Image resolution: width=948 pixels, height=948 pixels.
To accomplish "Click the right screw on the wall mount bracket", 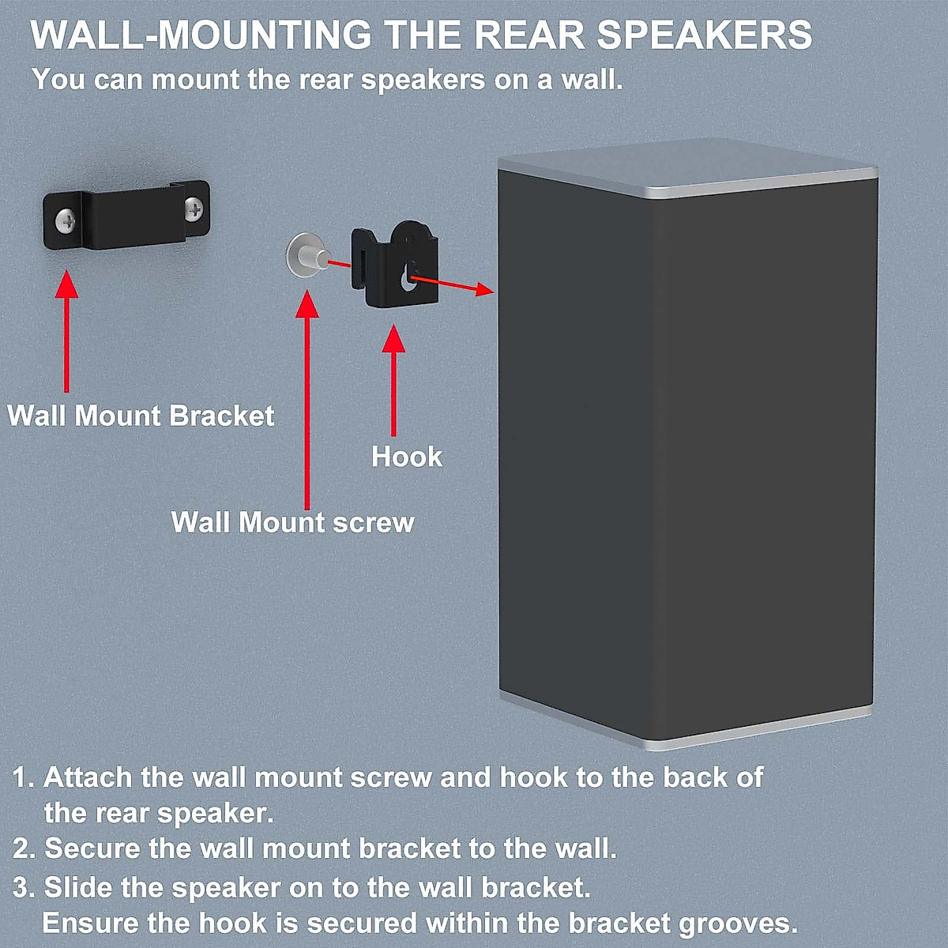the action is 194,209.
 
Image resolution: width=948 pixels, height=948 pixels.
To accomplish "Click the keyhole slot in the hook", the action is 408,277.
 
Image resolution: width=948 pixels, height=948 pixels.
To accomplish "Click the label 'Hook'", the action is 407,457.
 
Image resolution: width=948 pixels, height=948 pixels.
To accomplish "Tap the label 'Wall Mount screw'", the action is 292,522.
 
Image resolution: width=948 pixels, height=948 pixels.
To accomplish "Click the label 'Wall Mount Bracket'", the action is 141,416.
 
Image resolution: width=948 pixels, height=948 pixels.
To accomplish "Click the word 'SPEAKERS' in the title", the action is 704,36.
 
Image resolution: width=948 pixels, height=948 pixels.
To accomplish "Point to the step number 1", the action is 21,777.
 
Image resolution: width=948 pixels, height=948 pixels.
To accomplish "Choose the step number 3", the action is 21,887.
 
